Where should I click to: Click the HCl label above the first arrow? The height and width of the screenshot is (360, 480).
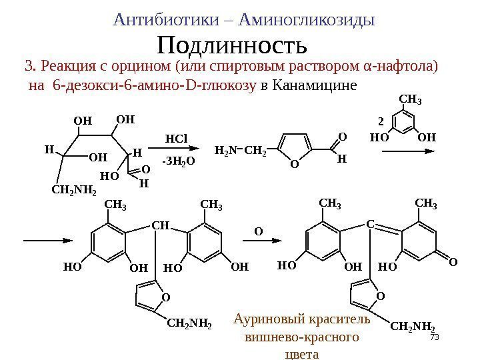176,138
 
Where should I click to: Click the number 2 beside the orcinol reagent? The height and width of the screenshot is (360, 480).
381,123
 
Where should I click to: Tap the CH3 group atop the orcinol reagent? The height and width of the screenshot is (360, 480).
410,101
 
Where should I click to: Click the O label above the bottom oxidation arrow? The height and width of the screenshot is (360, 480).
261,231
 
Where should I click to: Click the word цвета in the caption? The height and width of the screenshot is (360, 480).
301,354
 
